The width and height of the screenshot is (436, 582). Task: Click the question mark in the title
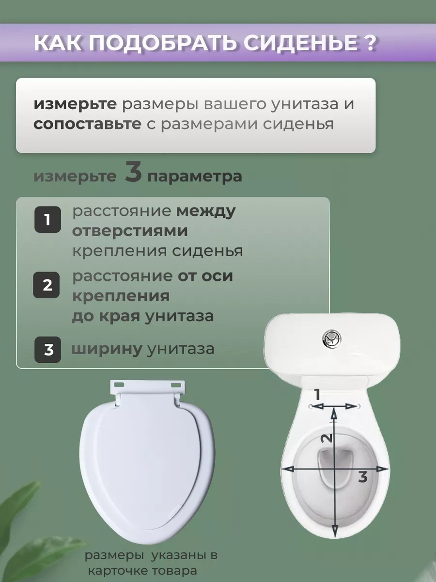pyautogui.click(x=369, y=43)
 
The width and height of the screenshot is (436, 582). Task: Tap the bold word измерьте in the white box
pyautogui.click(x=75, y=104)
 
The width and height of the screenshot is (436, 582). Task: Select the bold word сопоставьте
pyautogui.click(x=87, y=124)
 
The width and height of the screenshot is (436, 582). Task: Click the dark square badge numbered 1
pyautogui.click(x=47, y=220)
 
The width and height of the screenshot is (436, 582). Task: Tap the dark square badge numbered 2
pyautogui.click(x=47, y=285)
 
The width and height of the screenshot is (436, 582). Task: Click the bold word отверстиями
pyautogui.click(x=130, y=231)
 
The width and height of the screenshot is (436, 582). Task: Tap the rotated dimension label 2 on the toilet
pyautogui.click(x=327, y=437)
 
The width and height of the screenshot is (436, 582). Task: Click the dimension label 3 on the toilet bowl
pyautogui.click(x=362, y=477)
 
